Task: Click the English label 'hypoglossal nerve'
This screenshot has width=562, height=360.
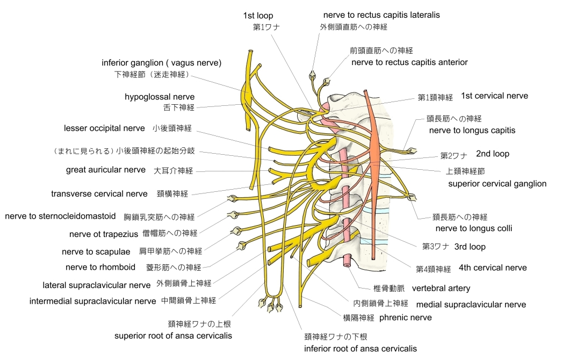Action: [x=160, y=97]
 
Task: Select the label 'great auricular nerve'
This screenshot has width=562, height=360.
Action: [x=106, y=170]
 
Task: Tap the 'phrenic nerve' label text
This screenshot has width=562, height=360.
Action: [x=406, y=317]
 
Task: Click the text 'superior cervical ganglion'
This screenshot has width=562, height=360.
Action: [x=497, y=184]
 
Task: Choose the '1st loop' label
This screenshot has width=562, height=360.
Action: [x=258, y=16]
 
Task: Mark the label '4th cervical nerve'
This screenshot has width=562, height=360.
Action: [x=493, y=268]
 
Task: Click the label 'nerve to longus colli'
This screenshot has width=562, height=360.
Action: [x=473, y=228]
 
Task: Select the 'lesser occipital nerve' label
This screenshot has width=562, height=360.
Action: [x=104, y=128]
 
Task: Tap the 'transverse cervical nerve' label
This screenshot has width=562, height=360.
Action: [x=99, y=193]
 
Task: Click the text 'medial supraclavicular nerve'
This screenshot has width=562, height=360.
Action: [x=471, y=305]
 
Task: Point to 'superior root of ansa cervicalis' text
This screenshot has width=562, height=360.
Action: [x=173, y=336]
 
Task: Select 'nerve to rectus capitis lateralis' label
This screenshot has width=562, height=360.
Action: [x=381, y=15]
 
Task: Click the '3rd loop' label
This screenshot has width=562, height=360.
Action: [x=470, y=247]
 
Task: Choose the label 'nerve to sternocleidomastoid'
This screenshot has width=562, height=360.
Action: [x=60, y=217]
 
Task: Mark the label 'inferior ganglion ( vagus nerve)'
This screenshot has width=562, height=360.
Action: [x=161, y=63]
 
